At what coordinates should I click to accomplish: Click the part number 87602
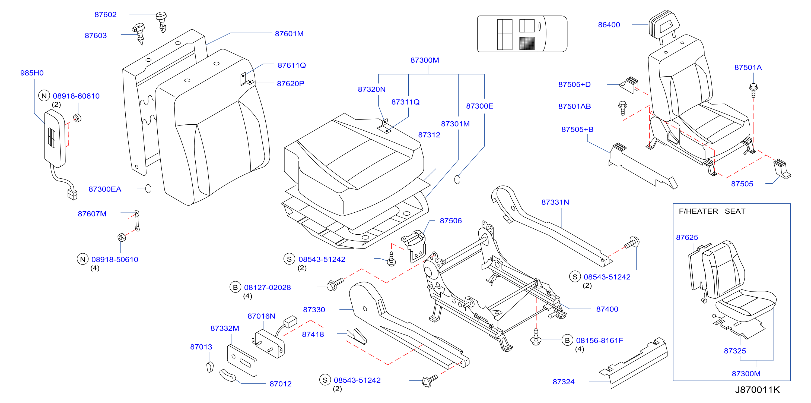pos(106,14)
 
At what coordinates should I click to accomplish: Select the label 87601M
pos(289,34)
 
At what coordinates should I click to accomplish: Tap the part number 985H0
pos(32,73)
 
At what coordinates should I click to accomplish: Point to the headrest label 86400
pos(609,25)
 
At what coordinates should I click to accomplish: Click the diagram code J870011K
pos(757,390)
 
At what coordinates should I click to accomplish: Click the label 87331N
pos(555,202)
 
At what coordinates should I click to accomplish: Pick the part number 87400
pos(607,309)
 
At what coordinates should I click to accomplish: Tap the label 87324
pos(564,382)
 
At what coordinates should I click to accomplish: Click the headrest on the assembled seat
pos(664,24)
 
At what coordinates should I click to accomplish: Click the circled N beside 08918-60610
pos(44,96)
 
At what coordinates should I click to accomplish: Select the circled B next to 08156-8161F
pos(567,340)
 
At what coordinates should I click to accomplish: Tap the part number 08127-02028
pos(267,287)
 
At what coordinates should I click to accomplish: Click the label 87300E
pos(479,106)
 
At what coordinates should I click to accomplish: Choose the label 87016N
pos(261,316)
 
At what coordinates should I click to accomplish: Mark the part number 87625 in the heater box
pos(687,238)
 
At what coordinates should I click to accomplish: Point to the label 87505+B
pos(577,130)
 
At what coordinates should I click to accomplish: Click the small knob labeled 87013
pos(210,367)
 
